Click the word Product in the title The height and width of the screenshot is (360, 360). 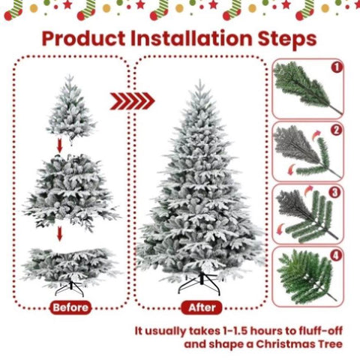point(84,39)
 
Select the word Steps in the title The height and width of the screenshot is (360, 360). point(287,39)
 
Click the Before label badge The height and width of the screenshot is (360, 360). point(70,307)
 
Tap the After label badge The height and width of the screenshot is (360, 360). point(202,307)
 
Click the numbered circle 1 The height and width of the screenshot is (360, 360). point(337,67)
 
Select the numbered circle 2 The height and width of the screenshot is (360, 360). point(337,130)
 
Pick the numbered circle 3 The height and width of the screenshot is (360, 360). point(335,193)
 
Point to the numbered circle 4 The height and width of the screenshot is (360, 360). point(336,255)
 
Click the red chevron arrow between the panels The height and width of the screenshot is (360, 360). point(132,101)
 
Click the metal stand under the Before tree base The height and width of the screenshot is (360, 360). point(70,289)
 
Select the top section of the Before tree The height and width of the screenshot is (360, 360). point(70,107)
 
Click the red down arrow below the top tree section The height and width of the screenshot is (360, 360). point(59,145)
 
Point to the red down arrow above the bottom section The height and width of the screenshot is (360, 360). point(59,234)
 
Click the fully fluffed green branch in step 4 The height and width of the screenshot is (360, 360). point(307,277)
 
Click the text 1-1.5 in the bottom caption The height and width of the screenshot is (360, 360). point(235,331)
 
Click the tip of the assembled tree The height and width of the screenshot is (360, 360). point(199,80)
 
